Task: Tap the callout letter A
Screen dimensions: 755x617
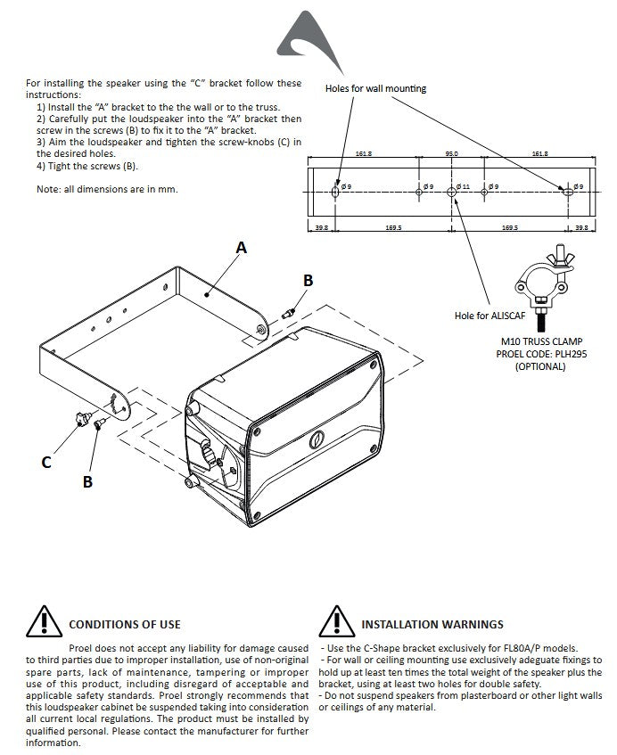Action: (x=240, y=249)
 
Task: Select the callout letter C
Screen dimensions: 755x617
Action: (x=46, y=462)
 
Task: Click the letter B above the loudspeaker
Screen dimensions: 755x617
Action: (x=308, y=280)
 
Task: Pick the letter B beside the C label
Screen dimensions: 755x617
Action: (x=87, y=481)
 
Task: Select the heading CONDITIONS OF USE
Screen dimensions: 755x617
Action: (x=124, y=624)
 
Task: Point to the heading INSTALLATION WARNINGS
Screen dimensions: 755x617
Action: (x=432, y=624)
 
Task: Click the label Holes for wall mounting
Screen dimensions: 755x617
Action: (x=375, y=88)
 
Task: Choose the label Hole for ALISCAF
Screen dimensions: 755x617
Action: (x=489, y=315)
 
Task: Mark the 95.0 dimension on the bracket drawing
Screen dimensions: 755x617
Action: (x=451, y=154)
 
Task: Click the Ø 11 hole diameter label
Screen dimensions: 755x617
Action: (x=463, y=187)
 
